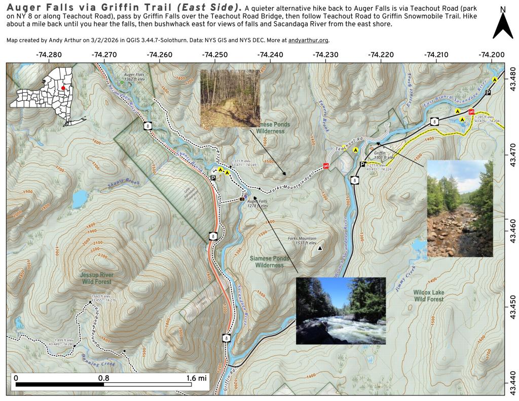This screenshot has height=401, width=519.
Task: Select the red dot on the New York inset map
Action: (x=63, y=88)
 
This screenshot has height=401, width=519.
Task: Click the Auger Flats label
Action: (x=134, y=77)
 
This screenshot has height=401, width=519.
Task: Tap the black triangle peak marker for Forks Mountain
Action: (x=319, y=248)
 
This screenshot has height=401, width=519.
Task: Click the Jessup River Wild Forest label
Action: (x=96, y=278)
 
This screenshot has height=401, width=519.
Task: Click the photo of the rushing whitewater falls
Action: (x=341, y=311)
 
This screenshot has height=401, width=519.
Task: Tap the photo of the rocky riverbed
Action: (x=460, y=208)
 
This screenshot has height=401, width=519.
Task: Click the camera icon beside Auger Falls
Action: (x=242, y=199)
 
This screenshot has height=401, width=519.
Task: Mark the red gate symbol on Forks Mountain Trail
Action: (x=326, y=166)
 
